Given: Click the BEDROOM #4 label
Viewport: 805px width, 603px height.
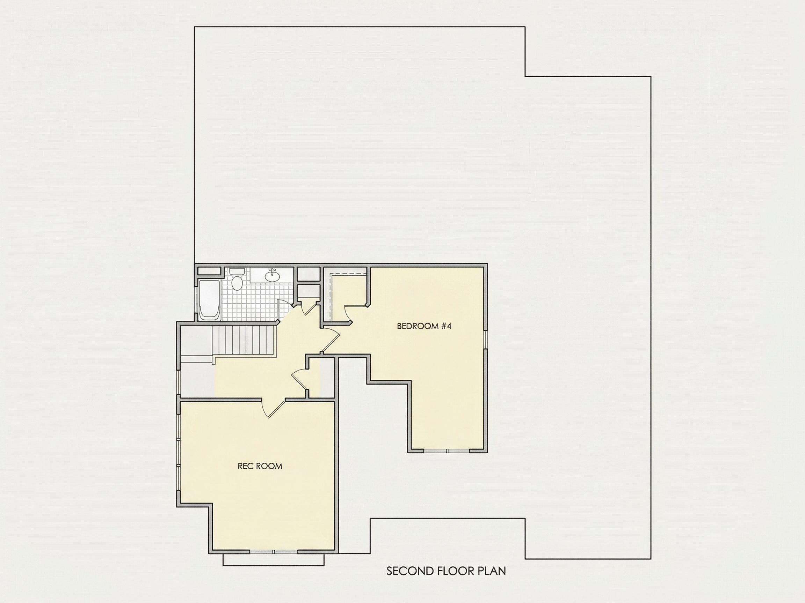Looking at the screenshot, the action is [x=424, y=326].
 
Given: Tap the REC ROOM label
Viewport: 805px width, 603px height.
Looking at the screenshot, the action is [x=260, y=466].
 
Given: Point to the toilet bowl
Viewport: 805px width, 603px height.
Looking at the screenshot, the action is [x=237, y=283].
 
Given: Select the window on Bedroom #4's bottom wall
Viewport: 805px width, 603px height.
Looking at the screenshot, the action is [x=447, y=451].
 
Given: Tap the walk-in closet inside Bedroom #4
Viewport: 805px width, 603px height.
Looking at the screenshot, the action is [x=348, y=296].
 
